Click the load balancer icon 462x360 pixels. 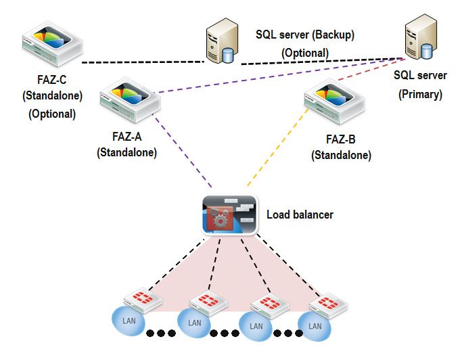tap(230, 215)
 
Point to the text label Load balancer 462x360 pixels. tap(300, 215)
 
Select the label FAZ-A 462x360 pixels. tap(126, 137)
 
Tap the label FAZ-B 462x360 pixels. tap(341, 139)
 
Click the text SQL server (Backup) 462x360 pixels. tap(305, 34)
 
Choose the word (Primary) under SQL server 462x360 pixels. tap(420, 94)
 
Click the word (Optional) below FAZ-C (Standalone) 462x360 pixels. tap(52, 114)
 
